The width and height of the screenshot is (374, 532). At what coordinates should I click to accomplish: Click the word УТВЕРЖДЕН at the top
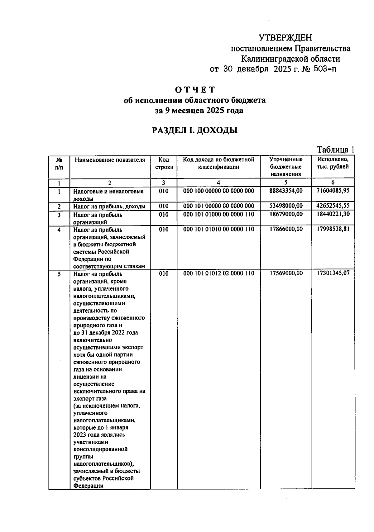point(285,38)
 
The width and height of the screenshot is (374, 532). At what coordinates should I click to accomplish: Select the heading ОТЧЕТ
point(195,90)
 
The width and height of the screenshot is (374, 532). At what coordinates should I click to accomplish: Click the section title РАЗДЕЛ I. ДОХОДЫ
point(195,130)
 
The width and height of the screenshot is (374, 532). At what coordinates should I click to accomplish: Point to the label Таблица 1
point(335,150)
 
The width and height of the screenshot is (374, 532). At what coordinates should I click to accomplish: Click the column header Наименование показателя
point(110,160)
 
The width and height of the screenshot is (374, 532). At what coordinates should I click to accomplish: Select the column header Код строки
point(164,164)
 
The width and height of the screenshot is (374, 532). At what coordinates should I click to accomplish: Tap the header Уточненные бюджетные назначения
point(286,167)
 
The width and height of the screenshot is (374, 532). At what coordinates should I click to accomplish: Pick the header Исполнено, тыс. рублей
point(333,163)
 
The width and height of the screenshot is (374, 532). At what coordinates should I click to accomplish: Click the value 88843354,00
point(286,191)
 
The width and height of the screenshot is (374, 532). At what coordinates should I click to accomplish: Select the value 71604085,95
point(333,191)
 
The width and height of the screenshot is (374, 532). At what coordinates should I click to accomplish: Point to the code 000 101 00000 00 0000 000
point(218,206)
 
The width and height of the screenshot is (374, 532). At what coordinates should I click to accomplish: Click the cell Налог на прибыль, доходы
point(109,207)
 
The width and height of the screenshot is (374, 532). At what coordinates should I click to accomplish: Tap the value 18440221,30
point(333,214)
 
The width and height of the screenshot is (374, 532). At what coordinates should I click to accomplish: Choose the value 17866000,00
point(286,229)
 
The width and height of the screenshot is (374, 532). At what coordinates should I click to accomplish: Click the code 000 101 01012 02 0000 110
point(218,273)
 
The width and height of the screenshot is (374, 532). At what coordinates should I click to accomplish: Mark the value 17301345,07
point(333,273)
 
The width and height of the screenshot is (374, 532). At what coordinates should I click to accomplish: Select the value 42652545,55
point(333,206)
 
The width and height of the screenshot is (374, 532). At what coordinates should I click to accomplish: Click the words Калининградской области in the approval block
point(290,59)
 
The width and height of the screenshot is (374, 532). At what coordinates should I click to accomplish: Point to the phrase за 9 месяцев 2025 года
point(199,111)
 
